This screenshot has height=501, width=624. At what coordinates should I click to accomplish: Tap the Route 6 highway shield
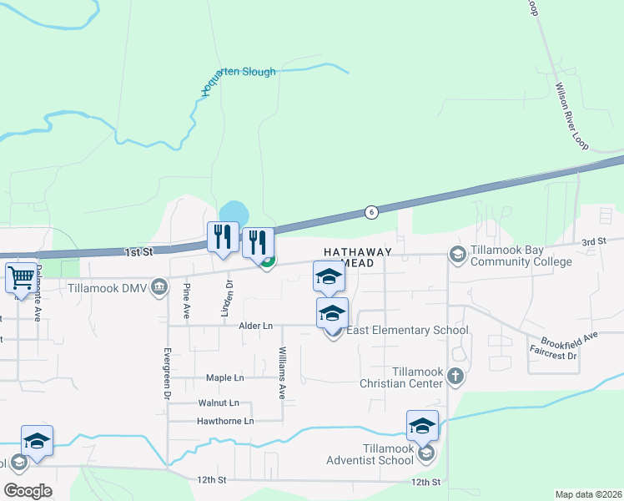[370, 212]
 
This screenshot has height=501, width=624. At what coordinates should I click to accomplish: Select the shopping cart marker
[22, 277]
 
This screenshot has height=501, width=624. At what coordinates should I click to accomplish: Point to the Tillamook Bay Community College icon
[456, 253]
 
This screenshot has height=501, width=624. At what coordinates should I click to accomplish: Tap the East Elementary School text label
[407, 330]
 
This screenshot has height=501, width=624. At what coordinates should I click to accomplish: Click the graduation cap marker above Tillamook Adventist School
[422, 426]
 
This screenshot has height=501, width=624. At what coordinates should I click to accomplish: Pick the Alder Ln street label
[256, 326]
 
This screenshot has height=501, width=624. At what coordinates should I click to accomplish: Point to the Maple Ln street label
[226, 377]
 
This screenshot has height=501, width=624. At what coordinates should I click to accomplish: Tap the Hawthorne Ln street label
[225, 421]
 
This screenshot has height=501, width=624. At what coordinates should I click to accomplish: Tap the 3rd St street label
[593, 241]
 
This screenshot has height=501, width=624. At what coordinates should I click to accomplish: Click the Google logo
[28, 491]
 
